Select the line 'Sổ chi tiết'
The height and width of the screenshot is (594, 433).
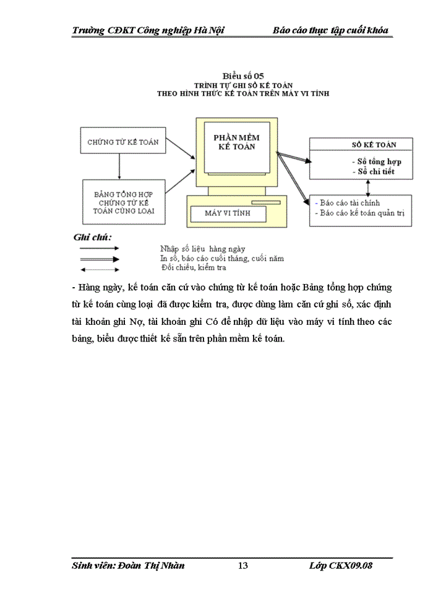coord(372,171)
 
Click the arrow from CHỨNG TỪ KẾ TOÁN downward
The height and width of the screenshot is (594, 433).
coord(120,165)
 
